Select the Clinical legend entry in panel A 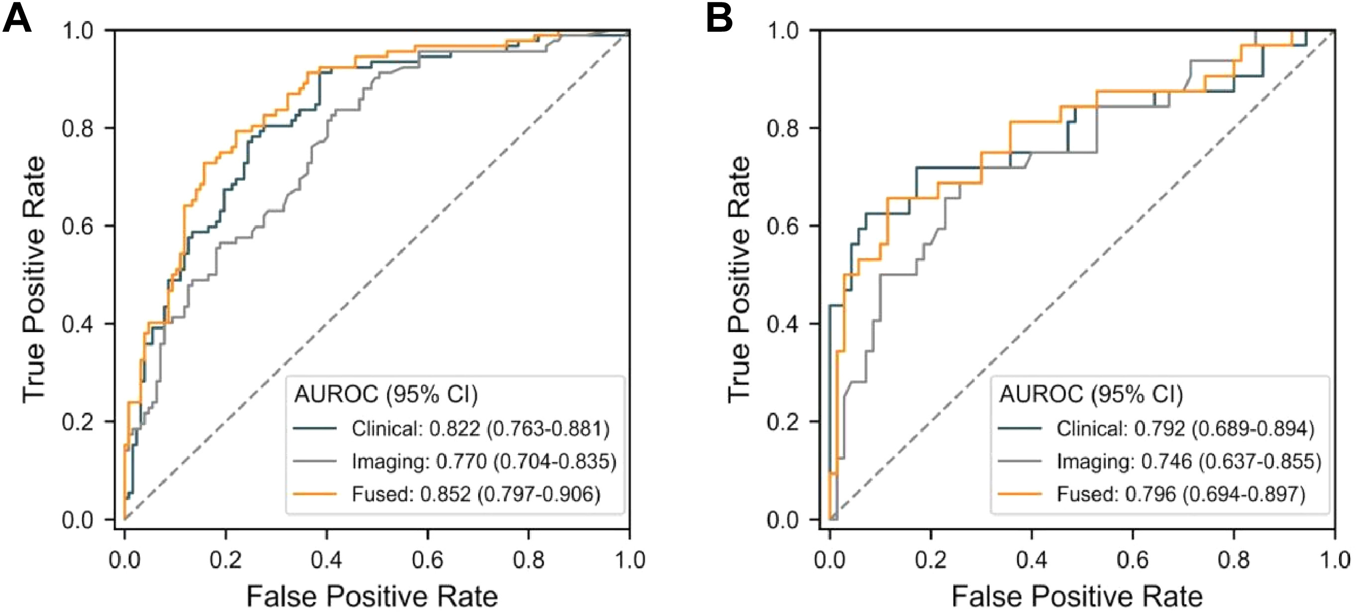(480, 429)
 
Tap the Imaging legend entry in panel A (484, 461)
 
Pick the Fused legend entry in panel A (476, 494)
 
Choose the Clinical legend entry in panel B (1185, 429)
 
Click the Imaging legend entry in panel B (1189, 461)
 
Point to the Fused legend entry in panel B (1181, 494)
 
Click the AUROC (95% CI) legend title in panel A (386, 394)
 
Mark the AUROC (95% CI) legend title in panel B (1091, 394)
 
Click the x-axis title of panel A (372, 596)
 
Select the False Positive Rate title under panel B (1076, 596)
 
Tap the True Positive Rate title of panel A (34, 279)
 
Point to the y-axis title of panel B (738, 279)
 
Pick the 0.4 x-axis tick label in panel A (326, 559)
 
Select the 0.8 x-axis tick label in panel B (1234, 559)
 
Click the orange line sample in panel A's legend (315, 494)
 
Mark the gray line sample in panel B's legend (1020, 461)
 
